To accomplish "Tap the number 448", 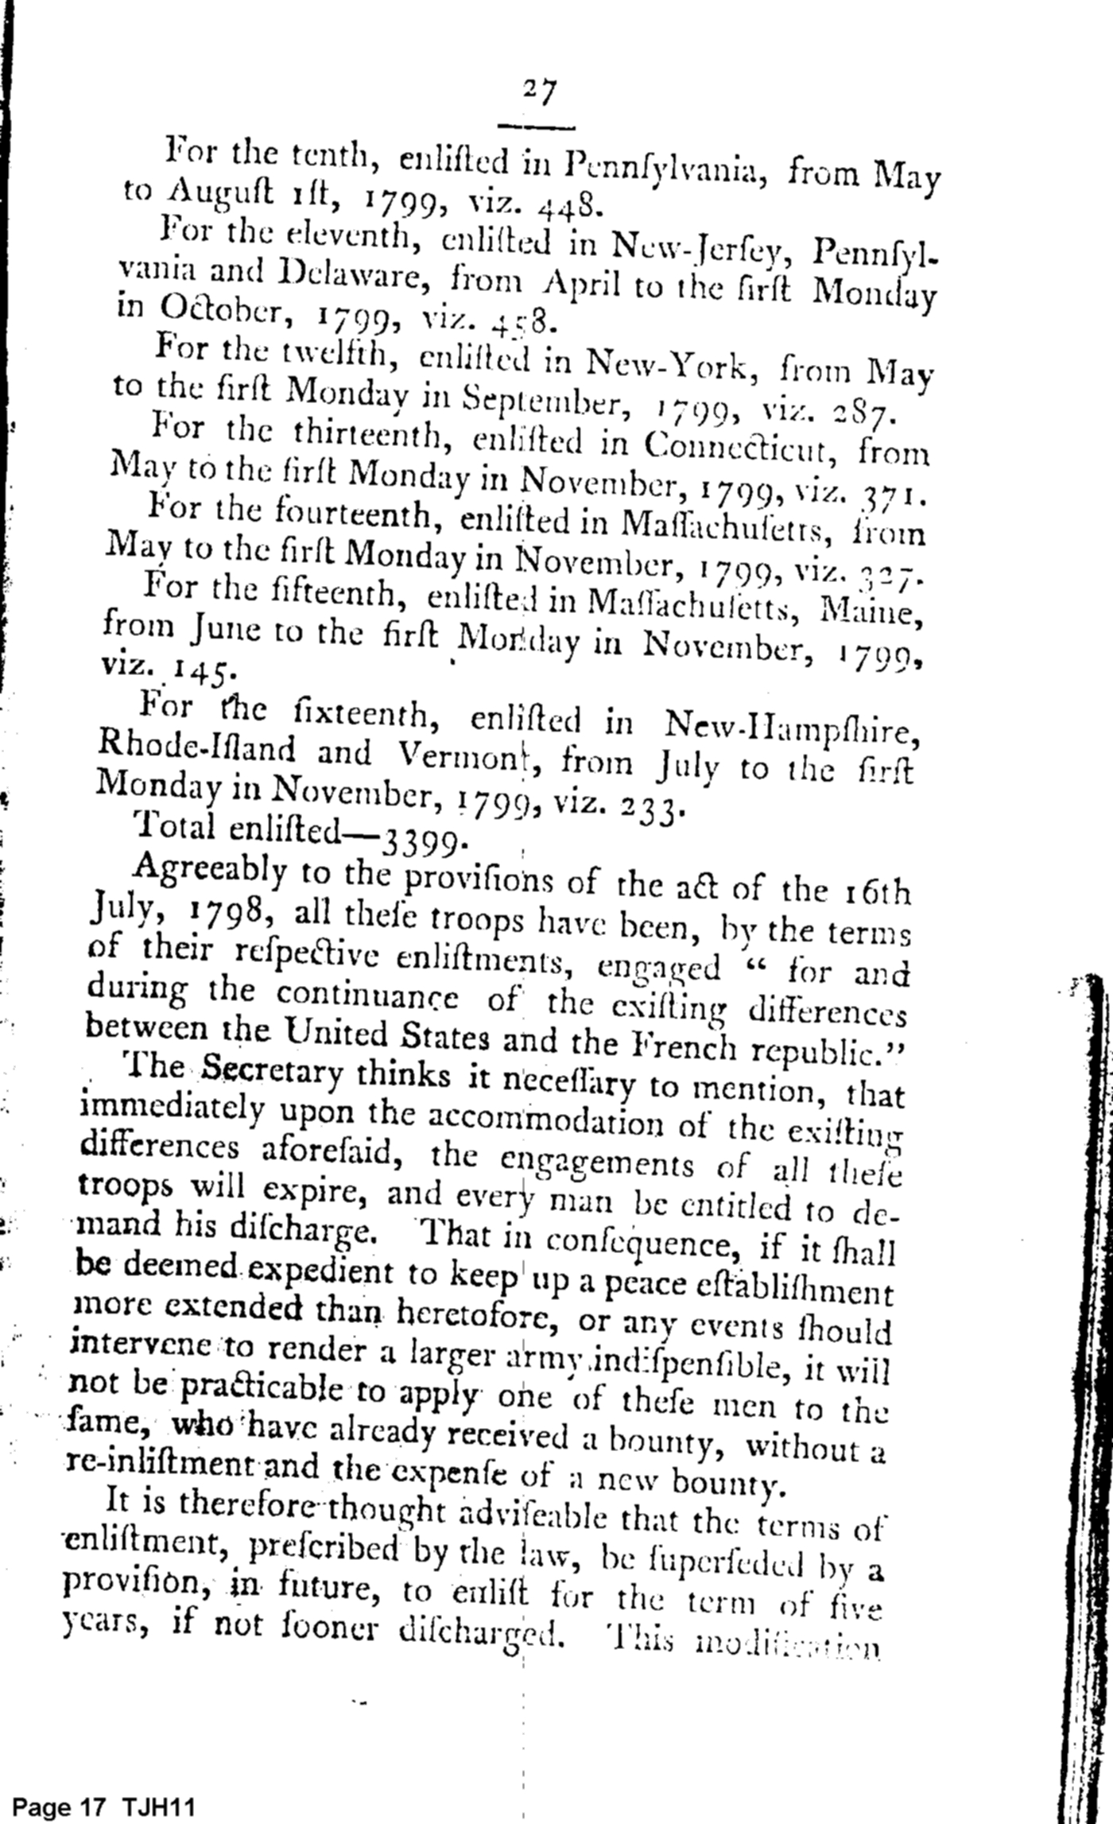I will pos(564,207).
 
